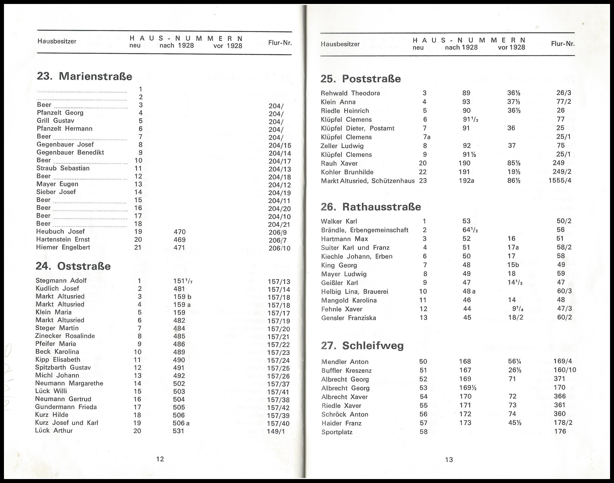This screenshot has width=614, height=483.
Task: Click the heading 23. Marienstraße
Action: click(84, 76)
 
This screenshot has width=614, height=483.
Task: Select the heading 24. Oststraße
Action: click(73, 266)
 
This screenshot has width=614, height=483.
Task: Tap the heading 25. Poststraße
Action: click(360, 79)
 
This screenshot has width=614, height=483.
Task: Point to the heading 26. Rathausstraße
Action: click(371, 207)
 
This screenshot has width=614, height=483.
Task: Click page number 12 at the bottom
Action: click(160, 459)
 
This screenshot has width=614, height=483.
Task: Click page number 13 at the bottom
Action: click(449, 460)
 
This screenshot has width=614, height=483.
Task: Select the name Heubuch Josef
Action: click(60, 231)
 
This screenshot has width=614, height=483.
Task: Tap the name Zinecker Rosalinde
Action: click(65, 336)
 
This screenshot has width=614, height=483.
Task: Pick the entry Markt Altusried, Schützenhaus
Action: click(368, 181)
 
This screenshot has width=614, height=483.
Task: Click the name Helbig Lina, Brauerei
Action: click(354, 291)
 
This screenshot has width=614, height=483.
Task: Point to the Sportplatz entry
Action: click(337, 432)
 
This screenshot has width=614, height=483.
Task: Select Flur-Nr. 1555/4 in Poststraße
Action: click(560, 180)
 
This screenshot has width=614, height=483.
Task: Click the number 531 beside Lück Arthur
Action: click(178, 431)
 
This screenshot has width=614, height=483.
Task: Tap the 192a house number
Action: click(466, 180)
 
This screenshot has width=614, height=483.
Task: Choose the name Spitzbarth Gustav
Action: click(63, 367)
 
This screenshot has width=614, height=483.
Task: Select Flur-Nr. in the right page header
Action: click(563, 44)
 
